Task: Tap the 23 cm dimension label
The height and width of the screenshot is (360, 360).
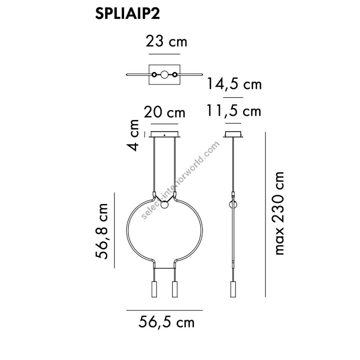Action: click(166, 42)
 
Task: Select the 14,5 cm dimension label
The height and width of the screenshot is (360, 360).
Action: click(234, 84)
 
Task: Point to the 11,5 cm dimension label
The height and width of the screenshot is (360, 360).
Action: click(234, 111)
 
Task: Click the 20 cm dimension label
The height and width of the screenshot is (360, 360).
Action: click(165, 112)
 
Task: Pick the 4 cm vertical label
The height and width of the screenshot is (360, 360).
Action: click(133, 136)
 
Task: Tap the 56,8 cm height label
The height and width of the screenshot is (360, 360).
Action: click(102, 231)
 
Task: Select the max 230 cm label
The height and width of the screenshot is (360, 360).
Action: click(278, 214)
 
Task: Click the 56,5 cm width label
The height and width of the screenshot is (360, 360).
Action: click(166, 322)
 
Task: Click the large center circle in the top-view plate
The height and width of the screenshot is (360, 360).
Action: click(164, 75)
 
